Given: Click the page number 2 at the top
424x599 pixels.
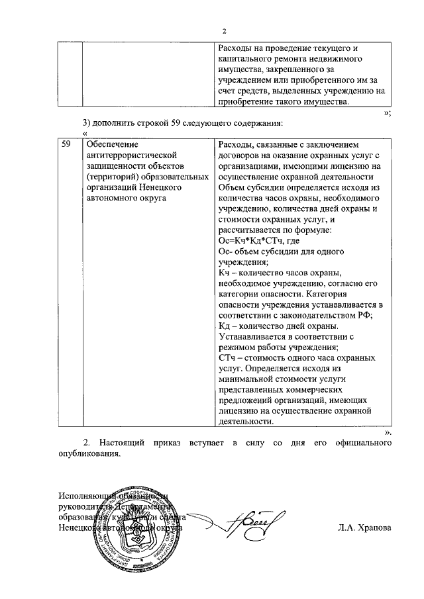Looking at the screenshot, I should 225,31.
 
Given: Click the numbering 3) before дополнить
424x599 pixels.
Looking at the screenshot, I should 87,123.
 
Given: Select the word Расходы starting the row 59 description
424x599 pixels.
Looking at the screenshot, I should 236,144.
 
